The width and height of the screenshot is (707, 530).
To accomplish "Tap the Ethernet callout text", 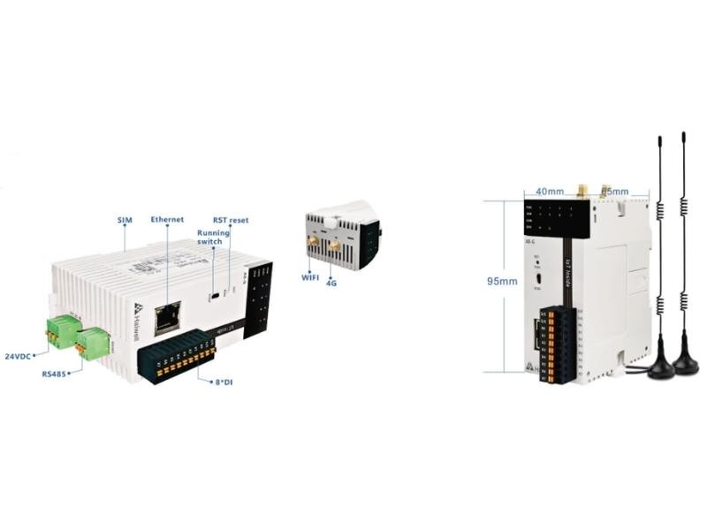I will click(167, 217).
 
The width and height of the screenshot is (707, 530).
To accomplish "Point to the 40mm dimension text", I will click(549, 191).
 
